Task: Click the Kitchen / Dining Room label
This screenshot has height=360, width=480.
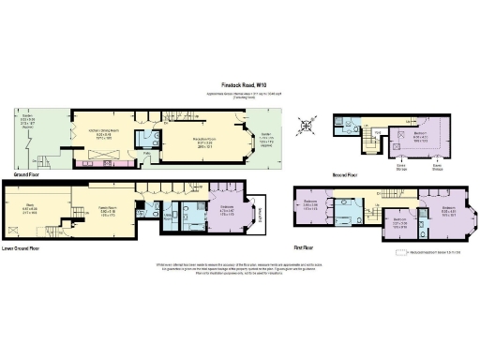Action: pyautogui.click(x=105, y=133)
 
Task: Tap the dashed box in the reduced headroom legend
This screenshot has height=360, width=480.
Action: pyautogui.click(x=388, y=253)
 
